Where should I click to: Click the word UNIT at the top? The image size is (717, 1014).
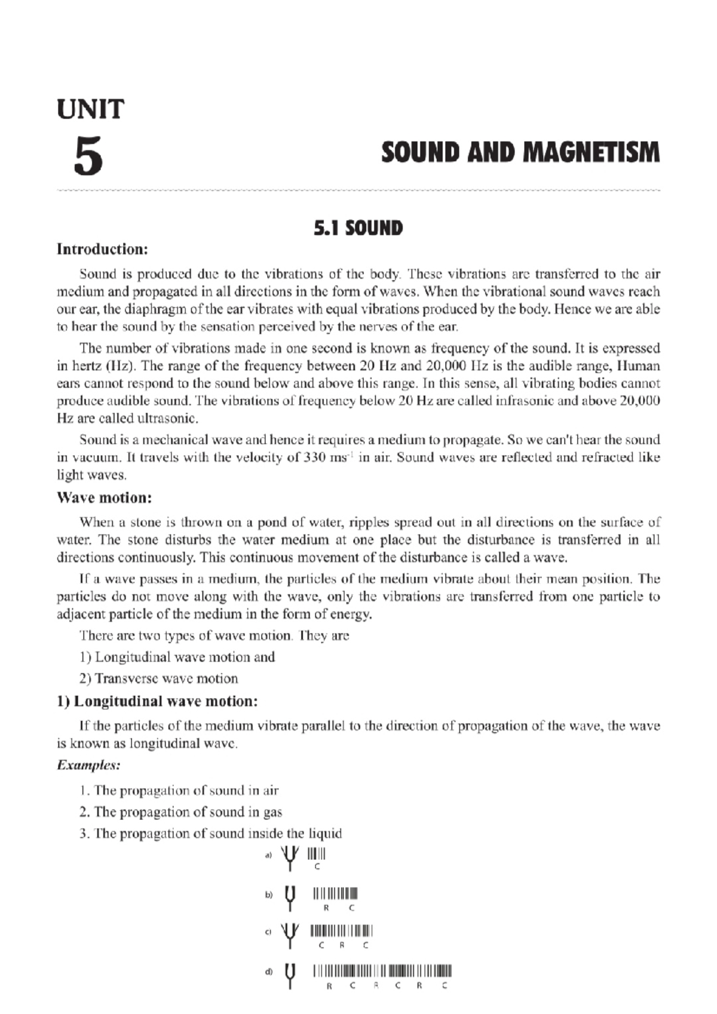[90, 109]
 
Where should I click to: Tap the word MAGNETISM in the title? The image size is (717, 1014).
[591, 153]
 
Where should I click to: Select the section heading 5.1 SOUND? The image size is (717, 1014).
[358, 228]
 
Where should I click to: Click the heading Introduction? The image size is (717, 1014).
[102, 249]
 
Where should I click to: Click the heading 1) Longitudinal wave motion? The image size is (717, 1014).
[157, 701]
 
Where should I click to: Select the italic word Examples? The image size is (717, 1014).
[88, 765]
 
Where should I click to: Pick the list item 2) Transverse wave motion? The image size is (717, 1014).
[158, 678]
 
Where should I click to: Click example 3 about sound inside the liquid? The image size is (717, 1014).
[210, 834]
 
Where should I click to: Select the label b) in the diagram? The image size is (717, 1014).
[269, 895]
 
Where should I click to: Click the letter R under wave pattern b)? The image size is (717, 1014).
[326, 908]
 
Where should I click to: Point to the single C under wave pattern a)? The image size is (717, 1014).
[317, 868]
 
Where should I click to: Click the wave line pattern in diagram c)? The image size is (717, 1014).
[341, 930]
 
